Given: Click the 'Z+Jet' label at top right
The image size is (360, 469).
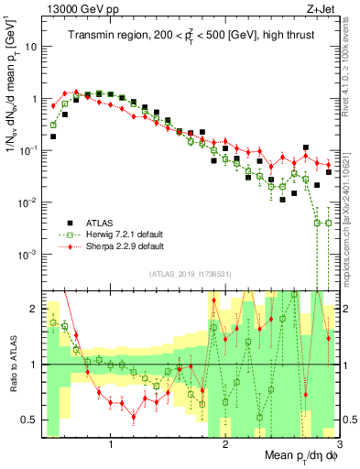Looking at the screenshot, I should pyautogui.click(x=322, y=8).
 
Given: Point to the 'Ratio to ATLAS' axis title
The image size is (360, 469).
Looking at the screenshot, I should pyautogui.click(x=11, y=365).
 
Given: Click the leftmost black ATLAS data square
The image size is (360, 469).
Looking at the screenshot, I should pyautogui.click(x=53, y=136).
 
